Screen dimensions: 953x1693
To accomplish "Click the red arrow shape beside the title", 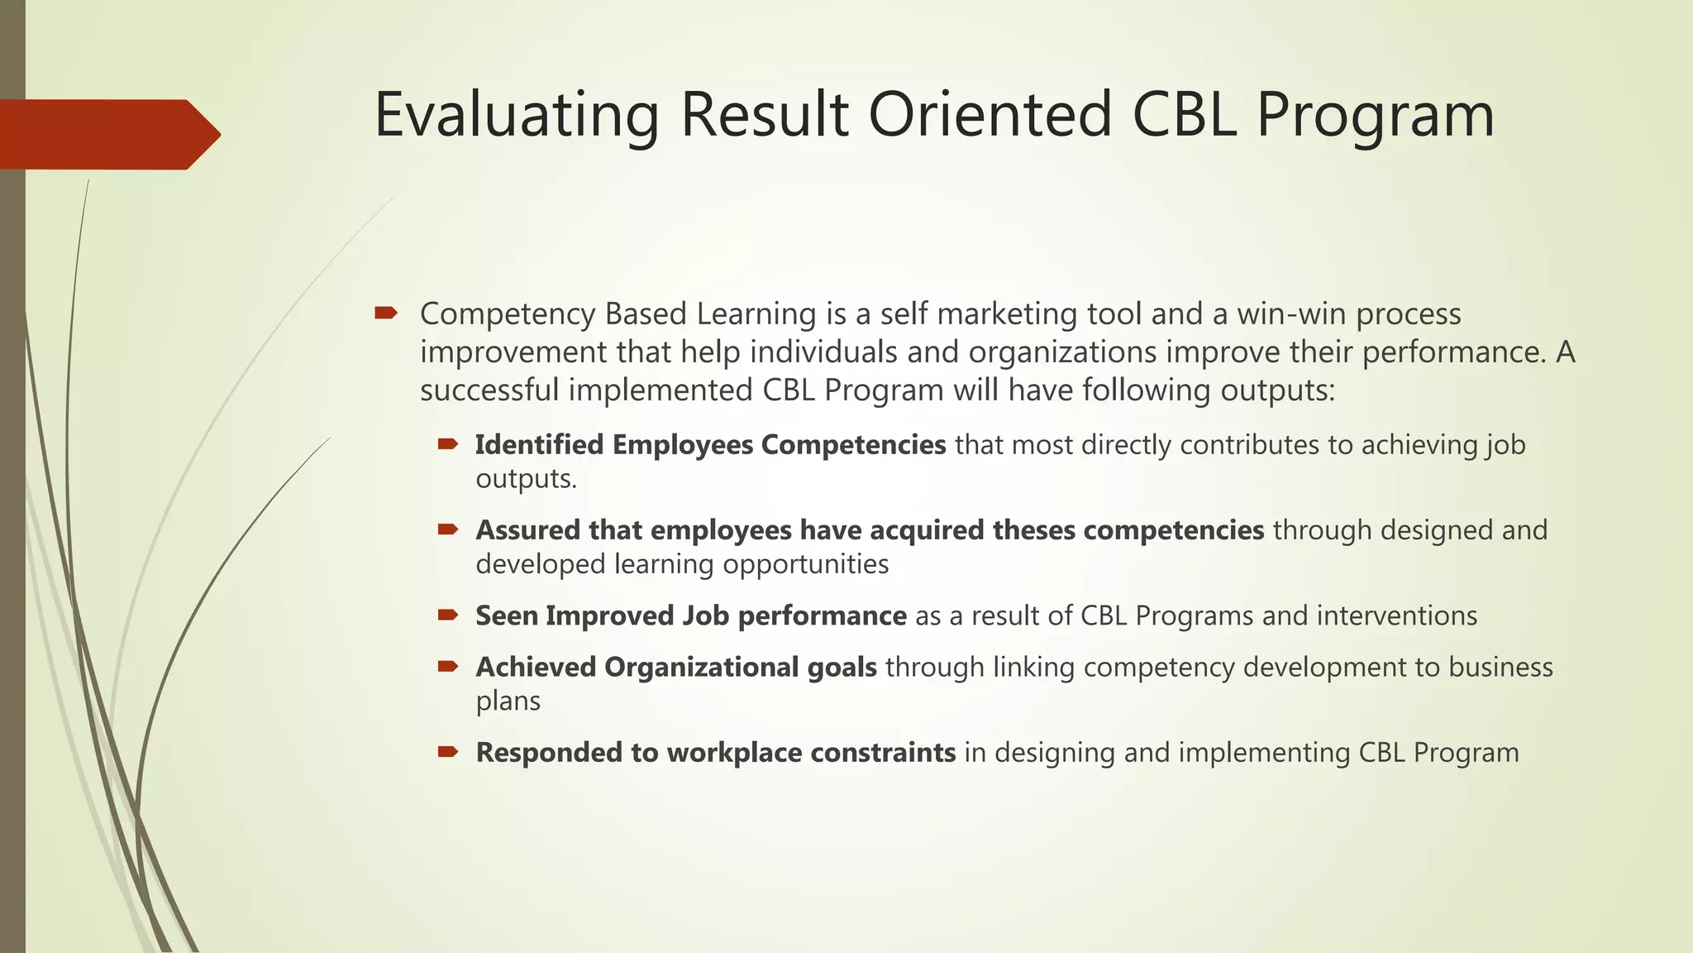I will pyautogui.click(x=107, y=134).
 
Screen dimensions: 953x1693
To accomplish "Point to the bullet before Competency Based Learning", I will pyautogui.click(x=385, y=313).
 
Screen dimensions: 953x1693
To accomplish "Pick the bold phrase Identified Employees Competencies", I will pyautogui.click(x=710, y=445).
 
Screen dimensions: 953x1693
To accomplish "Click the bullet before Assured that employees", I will pyautogui.click(x=448, y=529).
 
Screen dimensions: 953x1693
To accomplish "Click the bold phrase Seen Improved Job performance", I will pyautogui.click(x=690, y=616).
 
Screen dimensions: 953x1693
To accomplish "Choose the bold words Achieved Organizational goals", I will pyautogui.click(x=675, y=668).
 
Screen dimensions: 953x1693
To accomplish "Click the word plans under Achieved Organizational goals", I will pyautogui.click(x=508, y=702).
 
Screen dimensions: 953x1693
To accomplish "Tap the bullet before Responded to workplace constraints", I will pyautogui.click(x=448, y=752).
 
